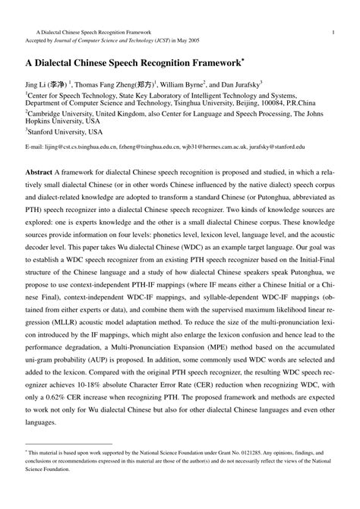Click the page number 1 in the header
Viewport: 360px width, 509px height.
333,32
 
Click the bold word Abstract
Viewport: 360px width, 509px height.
39,173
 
